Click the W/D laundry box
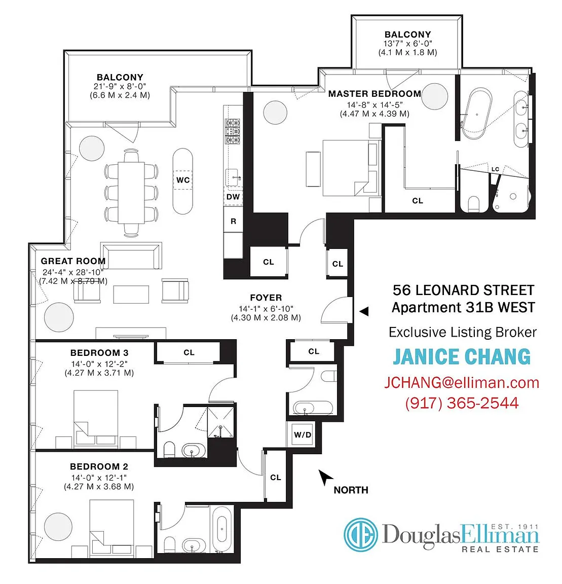pos(303,434)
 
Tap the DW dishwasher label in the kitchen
pos(233,197)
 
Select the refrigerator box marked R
pos(233,221)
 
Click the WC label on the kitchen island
pos(183,180)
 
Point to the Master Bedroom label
pos(374,93)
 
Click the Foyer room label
pos(266,298)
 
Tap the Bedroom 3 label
pos(99,352)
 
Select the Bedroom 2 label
pos(99,466)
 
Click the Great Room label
pos(73,261)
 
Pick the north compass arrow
pos(325,477)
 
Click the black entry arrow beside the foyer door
pos(364,311)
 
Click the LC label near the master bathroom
pos(495,169)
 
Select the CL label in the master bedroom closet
pos(418,200)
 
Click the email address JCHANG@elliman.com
pos(462,383)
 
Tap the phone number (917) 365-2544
pos(462,403)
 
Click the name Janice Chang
pos(462,356)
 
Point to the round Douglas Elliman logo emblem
pos(360,534)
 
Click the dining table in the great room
pos(131,193)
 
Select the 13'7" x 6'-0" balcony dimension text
pos(408,43)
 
